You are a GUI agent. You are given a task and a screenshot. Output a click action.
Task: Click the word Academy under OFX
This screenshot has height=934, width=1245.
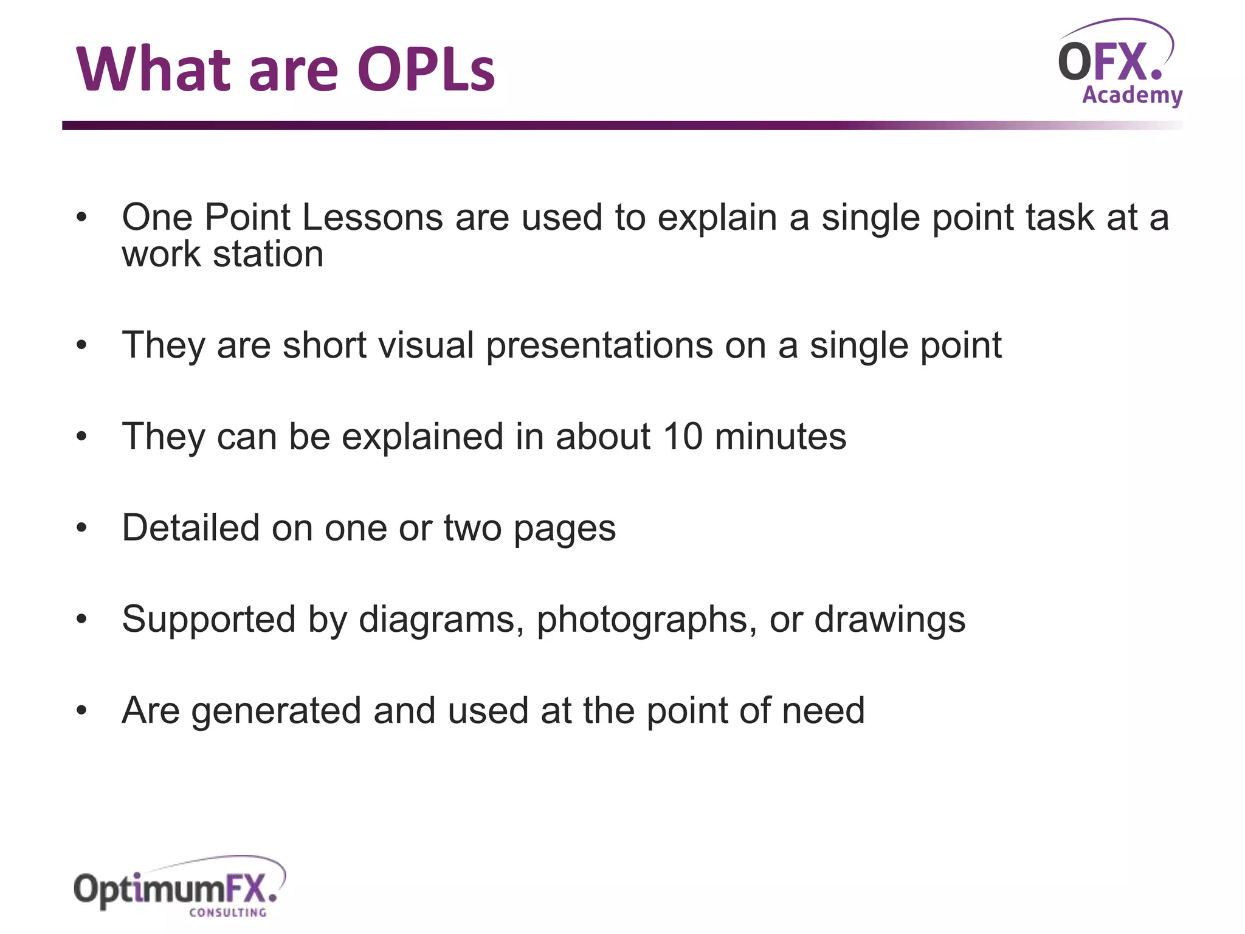point(1132,95)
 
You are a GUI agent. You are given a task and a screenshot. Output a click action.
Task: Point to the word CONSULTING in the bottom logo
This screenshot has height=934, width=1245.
point(227,912)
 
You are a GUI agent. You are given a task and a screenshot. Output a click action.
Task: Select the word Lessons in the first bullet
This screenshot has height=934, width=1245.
point(372,217)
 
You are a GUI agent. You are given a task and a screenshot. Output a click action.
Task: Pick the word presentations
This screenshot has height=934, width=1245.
point(599,345)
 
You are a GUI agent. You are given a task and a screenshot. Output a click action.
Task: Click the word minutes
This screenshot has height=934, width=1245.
point(780,437)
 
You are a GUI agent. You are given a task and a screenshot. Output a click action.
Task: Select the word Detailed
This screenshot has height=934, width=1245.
point(190,528)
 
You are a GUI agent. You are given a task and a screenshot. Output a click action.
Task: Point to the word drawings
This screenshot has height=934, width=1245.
point(889,620)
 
